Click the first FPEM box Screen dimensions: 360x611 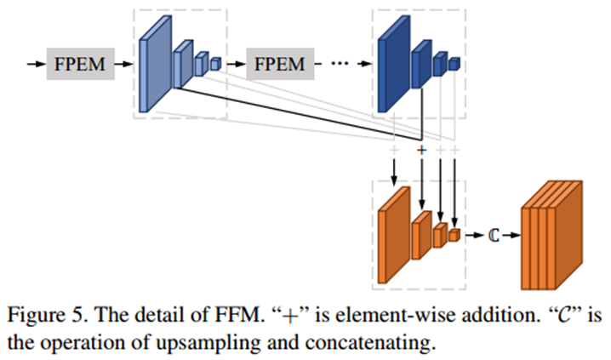pyautogui.click(x=80, y=64)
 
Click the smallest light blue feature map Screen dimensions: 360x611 pyautogui.click(x=215, y=63)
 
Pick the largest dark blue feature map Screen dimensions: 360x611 pyautogui.click(x=392, y=66)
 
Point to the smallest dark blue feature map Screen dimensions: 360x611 pyautogui.click(x=454, y=63)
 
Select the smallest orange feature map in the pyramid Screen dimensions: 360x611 pyautogui.click(x=454, y=234)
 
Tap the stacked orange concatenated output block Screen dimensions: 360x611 pyautogui.click(x=550, y=236)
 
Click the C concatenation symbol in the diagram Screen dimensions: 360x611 pyautogui.click(x=492, y=235)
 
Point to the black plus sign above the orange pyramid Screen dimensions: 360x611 pyautogui.click(x=421, y=150)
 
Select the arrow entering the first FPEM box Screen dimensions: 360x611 pyautogui.click(x=36, y=64)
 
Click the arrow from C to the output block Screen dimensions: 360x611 pyautogui.click(x=508, y=235)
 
